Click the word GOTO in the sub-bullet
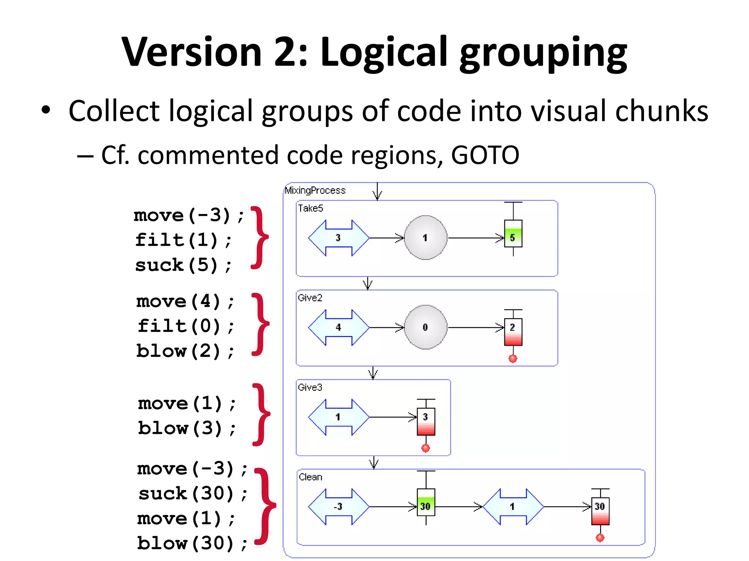pos(485,155)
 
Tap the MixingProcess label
pos(315,190)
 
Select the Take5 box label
pos(310,208)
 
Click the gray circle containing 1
pos(425,238)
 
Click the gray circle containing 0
pos(425,327)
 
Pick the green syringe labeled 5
pos(513,234)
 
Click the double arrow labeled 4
pos(339,327)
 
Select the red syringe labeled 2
pos(513,332)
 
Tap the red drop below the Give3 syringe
pos(426,448)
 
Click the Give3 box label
pos(310,387)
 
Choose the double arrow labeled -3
pos(339,507)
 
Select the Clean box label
pos(310,477)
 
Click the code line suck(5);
pos(183,265)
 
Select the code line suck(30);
pos(193,494)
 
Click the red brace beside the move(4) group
pos(261,324)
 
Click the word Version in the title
pos(192,52)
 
